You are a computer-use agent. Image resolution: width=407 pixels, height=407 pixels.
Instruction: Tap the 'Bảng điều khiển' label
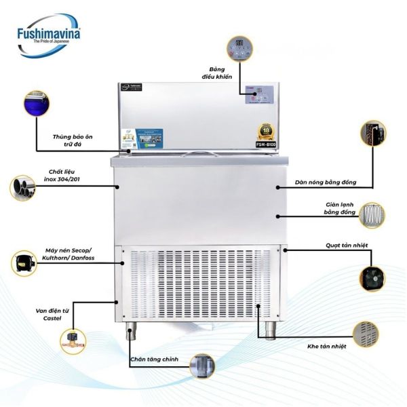[222, 73]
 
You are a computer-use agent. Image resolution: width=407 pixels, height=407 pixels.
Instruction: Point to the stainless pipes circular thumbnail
[24, 187]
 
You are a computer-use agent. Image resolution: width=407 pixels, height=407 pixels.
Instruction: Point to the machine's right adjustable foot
[270, 330]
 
